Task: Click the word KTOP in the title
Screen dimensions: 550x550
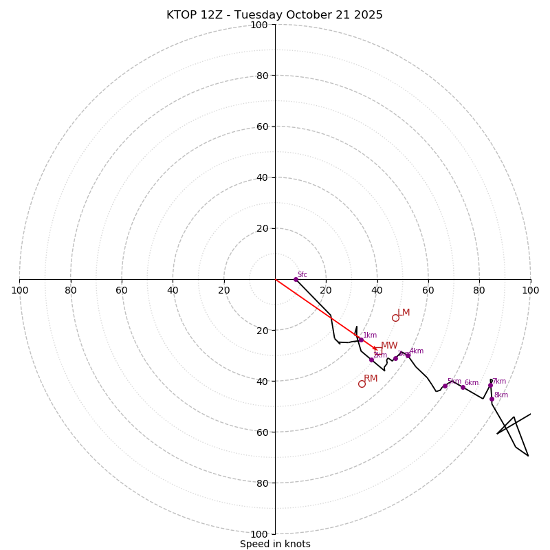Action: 180,15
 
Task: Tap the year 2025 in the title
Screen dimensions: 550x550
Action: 368,15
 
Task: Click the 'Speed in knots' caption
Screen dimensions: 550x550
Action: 275,544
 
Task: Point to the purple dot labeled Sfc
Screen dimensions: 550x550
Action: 296,279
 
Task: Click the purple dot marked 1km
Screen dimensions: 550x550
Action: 361,340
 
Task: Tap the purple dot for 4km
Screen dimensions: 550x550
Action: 408,355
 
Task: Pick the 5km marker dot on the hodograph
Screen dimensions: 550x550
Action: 445,386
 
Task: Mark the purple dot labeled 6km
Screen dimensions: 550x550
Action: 463,387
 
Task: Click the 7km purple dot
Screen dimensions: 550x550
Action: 490,385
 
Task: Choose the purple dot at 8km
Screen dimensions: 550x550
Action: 492,399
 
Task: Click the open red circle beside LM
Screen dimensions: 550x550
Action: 395,318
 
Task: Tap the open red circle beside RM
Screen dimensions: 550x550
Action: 362,384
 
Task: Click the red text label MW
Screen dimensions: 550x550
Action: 389,346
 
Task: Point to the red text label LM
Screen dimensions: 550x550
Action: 404,313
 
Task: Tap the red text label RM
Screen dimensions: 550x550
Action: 371,379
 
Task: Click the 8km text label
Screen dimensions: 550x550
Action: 501,395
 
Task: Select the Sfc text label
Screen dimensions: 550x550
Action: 302,275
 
